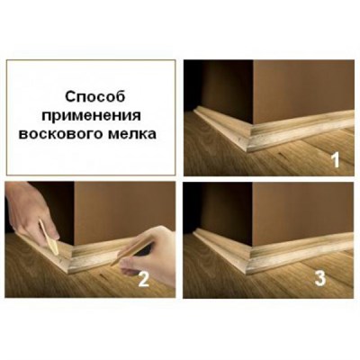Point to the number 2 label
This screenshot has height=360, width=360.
(143, 279)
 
